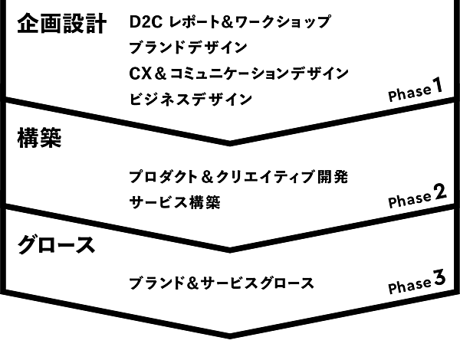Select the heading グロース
[x=55, y=245]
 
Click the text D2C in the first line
[x=145, y=22]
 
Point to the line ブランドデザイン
[x=189, y=47]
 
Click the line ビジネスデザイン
[x=191, y=98]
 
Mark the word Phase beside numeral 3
[x=409, y=286]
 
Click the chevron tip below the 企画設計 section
[x=230, y=141]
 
